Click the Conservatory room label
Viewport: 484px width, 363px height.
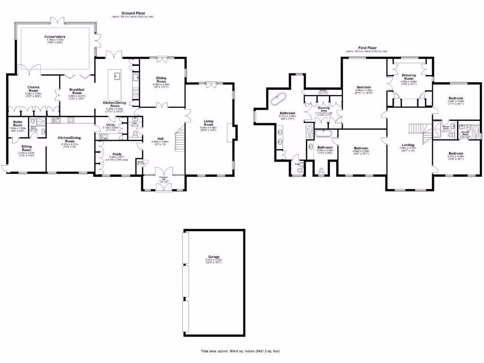click(x=55, y=37)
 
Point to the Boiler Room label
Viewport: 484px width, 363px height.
click(x=18, y=124)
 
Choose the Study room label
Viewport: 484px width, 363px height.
click(x=116, y=155)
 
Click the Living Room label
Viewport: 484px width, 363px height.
click(x=208, y=122)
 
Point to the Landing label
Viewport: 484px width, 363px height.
click(x=408, y=145)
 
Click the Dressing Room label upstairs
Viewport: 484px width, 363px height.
click(x=409, y=77)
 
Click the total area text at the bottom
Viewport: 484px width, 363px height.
click(x=241, y=352)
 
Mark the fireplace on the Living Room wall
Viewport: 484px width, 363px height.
click(x=230, y=130)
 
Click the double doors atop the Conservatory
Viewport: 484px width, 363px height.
click(x=57, y=20)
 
